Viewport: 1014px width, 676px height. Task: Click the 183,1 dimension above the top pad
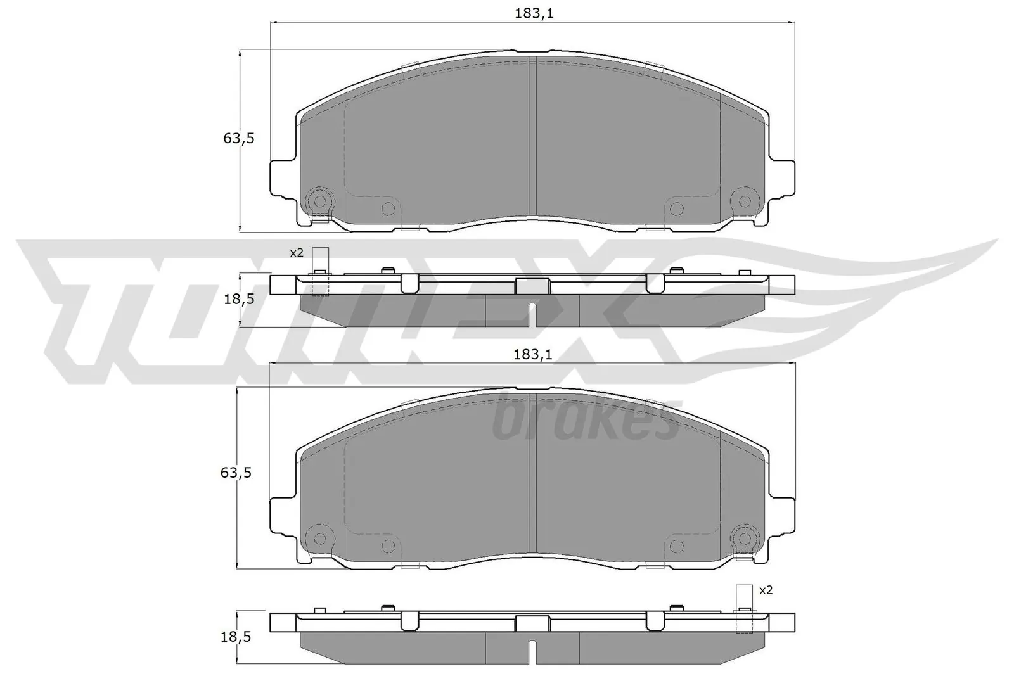(x=533, y=13)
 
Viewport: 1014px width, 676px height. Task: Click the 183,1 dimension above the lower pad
(x=533, y=355)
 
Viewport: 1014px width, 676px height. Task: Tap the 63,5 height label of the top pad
(x=238, y=137)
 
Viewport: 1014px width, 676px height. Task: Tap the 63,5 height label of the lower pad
(x=236, y=473)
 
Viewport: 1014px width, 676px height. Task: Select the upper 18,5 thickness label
(x=238, y=299)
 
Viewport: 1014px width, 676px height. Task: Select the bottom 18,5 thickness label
(x=236, y=637)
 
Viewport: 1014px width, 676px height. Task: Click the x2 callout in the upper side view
(x=297, y=252)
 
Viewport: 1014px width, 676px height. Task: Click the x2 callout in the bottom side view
(x=766, y=590)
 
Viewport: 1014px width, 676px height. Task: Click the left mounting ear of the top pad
(x=282, y=178)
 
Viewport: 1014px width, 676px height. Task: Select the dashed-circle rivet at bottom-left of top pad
(x=320, y=201)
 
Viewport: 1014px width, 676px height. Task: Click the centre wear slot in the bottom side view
(x=533, y=653)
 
